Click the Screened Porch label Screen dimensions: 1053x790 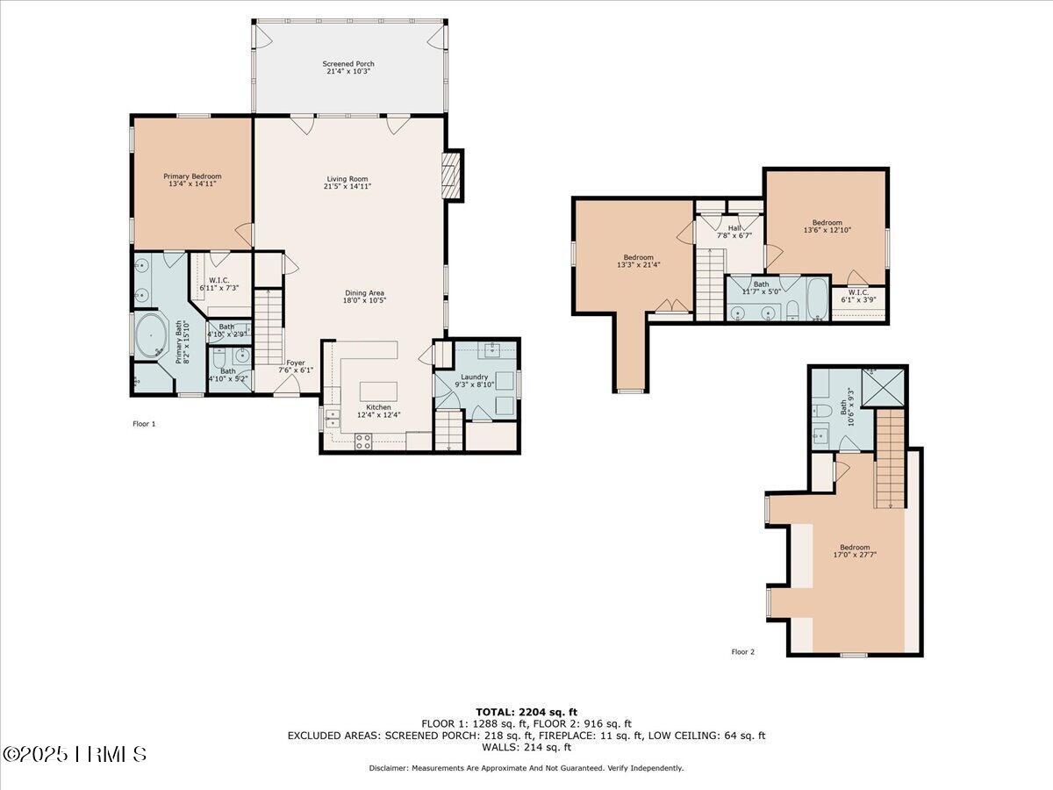click(x=348, y=64)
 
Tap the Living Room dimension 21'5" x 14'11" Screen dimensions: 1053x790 click(x=347, y=186)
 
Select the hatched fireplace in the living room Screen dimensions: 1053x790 click(x=450, y=176)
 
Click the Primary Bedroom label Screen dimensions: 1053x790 click(x=192, y=176)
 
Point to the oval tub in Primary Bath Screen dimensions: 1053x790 click(x=151, y=336)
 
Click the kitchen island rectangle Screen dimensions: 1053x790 click(x=378, y=391)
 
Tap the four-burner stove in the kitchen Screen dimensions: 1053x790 click(x=363, y=442)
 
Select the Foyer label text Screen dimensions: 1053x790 click(x=296, y=363)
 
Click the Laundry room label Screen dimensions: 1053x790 click(x=474, y=377)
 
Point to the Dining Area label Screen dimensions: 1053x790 click(x=364, y=292)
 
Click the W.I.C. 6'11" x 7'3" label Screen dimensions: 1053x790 click(x=219, y=284)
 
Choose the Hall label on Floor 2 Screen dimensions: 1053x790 click(x=734, y=228)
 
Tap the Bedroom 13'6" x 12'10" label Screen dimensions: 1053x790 click(x=827, y=226)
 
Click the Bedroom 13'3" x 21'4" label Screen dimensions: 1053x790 click(x=639, y=261)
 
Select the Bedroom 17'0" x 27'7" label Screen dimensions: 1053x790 click(x=855, y=550)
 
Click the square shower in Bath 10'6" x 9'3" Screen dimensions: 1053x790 click(x=883, y=388)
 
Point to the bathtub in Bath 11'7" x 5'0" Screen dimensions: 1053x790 click(x=818, y=298)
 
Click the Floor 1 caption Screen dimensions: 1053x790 click(x=144, y=424)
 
